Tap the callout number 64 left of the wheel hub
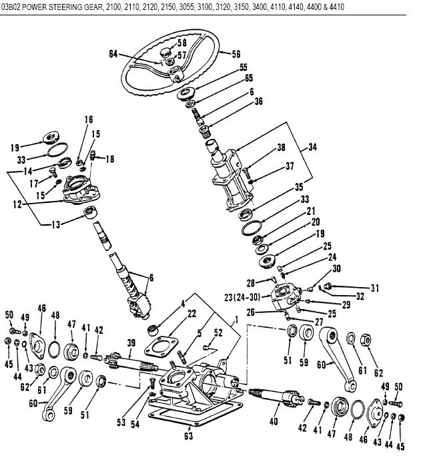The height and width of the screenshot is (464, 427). pyautogui.click(x=113, y=55)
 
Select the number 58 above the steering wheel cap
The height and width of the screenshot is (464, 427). pyautogui.click(x=181, y=43)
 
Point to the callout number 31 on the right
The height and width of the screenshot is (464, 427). pyautogui.click(x=375, y=288)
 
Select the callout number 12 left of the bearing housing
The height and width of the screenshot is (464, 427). pyautogui.click(x=19, y=204)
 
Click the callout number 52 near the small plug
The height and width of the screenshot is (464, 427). pyautogui.click(x=218, y=332)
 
